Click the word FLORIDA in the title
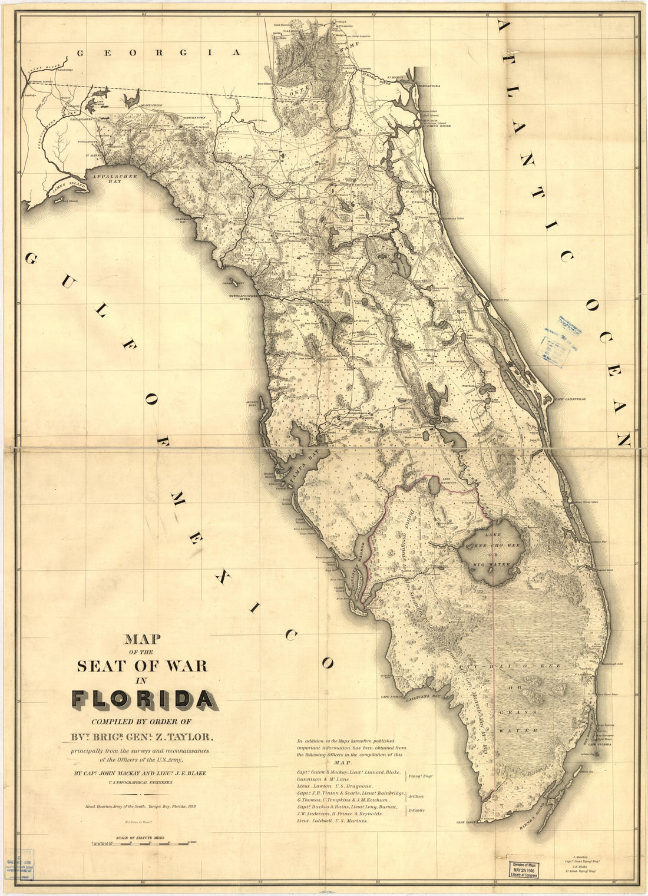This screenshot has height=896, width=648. [x=143, y=699]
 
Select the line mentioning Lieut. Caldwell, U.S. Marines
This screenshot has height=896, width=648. [x=333, y=820]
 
